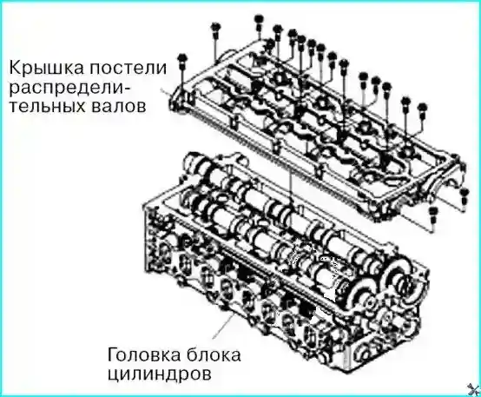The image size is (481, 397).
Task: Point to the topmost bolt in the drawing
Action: pyautogui.click(x=260, y=18)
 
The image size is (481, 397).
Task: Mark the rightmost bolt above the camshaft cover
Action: pyautogui.click(x=423, y=109)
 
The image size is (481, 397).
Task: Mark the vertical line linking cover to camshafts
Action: pyautogui.click(x=287, y=182)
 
